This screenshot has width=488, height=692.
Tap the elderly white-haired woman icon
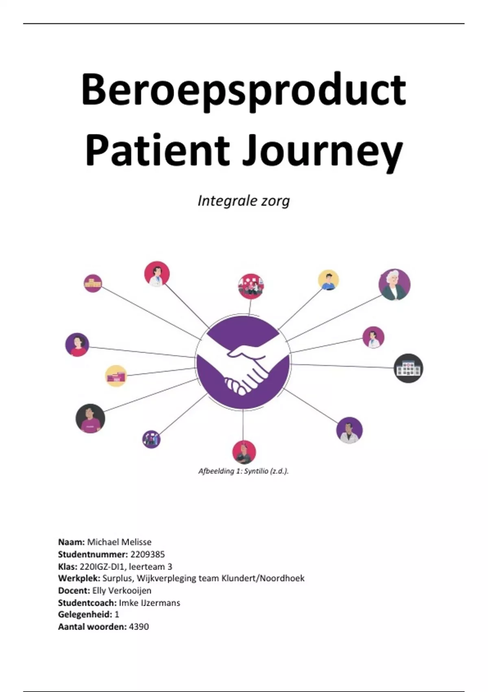pyautogui.click(x=394, y=285)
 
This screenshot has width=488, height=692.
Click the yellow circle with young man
pyautogui.click(x=329, y=280)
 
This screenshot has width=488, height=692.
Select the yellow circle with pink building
pyautogui.click(x=116, y=376)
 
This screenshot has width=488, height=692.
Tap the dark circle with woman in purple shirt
pyautogui.click(x=90, y=418)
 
